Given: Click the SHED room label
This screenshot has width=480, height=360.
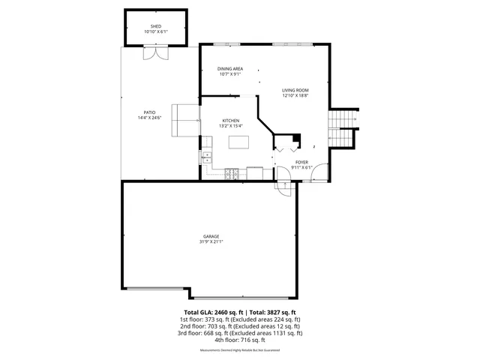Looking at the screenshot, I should pyautogui.click(x=156, y=26).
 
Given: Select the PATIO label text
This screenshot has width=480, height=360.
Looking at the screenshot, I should pyautogui.click(x=150, y=112).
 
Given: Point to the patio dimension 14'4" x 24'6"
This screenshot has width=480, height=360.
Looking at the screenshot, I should pyautogui.click(x=150, y=118).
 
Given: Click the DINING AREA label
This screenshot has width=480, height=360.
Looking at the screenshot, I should pyautogui.click(x=230, y=68).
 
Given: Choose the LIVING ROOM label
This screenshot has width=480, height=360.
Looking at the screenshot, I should pyautogui.click(x=295, y=90).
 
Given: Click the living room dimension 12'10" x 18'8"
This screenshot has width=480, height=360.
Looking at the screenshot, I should pyautogui.click(x=295, y=96).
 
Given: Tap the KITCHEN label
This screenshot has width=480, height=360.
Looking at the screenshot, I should pyautogui.click(x=230, y=121).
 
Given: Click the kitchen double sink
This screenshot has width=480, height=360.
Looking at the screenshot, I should pyautogui.click(x=206, y=158).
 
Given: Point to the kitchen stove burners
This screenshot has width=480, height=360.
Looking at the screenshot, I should pyautogui.click(x=232, y=175).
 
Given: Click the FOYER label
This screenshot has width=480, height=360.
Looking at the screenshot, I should pyautogui.click(x=301, y=162).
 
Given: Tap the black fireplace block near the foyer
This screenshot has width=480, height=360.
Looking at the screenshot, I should pyautogui.click(x=297, y=138).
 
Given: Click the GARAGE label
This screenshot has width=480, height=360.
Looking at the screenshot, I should pyautogui.click(x=211, y=236).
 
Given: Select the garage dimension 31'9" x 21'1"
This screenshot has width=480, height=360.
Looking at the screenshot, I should pyautogui.click(x=211, y=242).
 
